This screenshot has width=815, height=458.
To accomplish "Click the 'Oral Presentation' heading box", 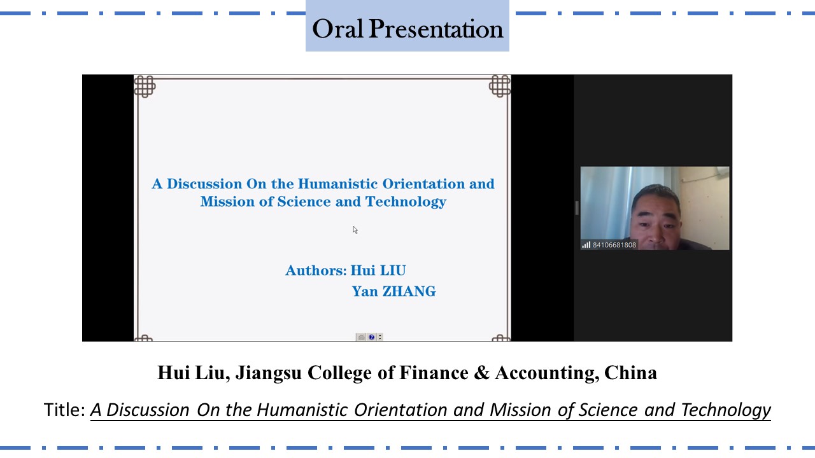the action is click(x=407, y=26).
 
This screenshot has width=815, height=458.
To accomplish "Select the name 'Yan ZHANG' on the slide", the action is click(x=393, y=291).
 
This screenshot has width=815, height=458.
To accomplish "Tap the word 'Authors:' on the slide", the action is click(x=316, y=270).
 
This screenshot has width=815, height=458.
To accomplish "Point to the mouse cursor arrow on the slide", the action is click(x=355, y=230).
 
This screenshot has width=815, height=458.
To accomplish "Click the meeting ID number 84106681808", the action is click(x=614, y=245).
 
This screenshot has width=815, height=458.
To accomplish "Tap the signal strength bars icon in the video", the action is click(x=586, y=245).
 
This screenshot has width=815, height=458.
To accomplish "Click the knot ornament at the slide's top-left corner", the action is click(x=145, y=87).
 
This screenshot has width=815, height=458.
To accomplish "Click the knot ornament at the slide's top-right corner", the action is click(x=500, y=86).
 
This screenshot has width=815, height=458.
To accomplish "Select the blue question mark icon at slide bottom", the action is click(x=371, y=337).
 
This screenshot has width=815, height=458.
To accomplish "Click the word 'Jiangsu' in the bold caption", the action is click(x=269, y=373).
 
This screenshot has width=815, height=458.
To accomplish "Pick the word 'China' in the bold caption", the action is click(x=630, y=373).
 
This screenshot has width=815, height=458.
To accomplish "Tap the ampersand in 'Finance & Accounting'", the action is click(x=482, y=373).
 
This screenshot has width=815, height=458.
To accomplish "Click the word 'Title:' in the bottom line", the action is click(x=64, y=410).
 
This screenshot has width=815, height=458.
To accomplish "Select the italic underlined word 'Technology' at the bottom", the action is click(x=725, y=411).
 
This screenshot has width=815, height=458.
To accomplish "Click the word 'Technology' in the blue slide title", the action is click(x=406, y=202).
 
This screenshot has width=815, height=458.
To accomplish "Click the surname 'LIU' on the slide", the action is click(x=393, y=270).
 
